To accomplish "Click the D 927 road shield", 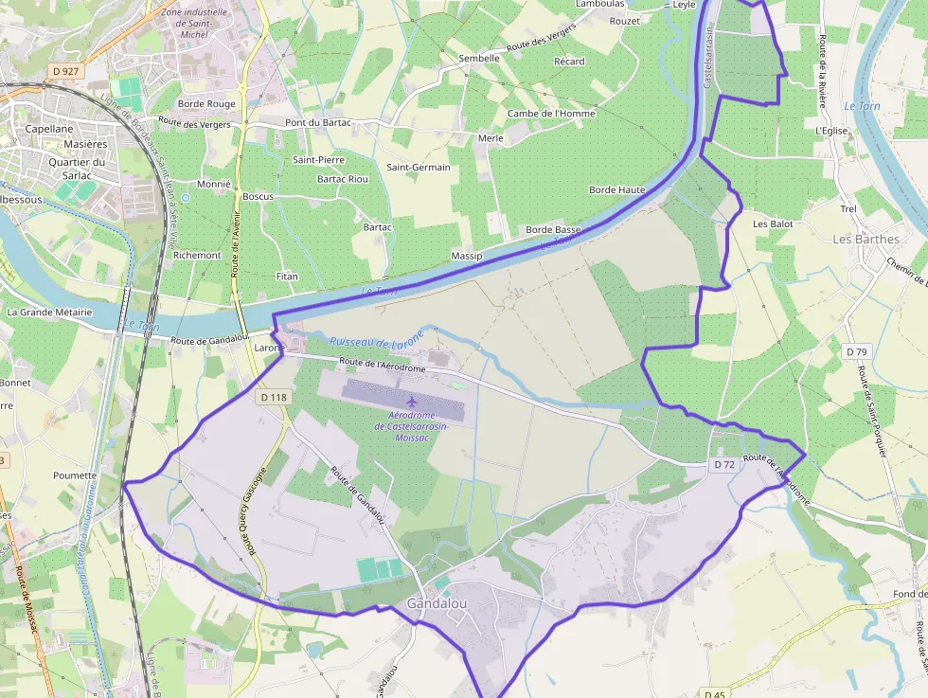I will (x=66, y=71).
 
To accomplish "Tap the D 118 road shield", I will (x=272, y=398).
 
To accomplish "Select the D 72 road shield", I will (x=724, y=464).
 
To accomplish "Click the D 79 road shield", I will (x=856, y=351).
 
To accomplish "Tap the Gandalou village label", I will (x=436, y=603).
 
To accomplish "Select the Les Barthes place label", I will (x=866, y=239).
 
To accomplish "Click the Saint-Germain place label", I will (x=418, y=168).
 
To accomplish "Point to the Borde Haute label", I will (x=616, y=189).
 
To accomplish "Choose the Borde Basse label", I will (x=553, y=230).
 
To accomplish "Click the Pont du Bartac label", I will (x=318, y=123).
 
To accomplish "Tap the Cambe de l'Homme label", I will (x=551, y=114).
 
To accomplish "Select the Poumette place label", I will (x=76, y=475).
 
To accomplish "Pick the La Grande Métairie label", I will (x=49, y=312).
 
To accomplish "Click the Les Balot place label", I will (x=772, y=224).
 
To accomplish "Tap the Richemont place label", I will (x=197, y=256).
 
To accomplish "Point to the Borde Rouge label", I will (x=206, y=104).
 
